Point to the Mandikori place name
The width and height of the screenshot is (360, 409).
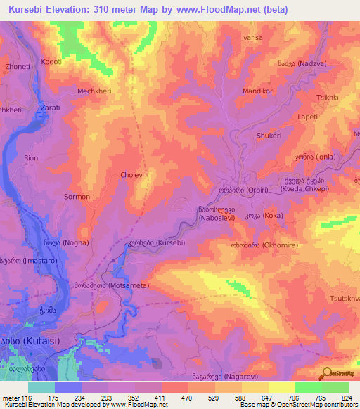coord(257,91)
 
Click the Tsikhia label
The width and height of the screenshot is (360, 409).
coord(328,97)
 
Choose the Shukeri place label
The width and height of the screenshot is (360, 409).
coord(269,136)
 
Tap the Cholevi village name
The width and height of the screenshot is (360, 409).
coord(132,174)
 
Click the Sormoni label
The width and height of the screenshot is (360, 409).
coord(78,197)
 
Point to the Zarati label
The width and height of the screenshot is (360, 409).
coord(50,108)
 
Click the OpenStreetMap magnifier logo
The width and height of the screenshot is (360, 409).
coord(327,373)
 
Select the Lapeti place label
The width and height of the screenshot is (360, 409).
coord(308,117)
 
